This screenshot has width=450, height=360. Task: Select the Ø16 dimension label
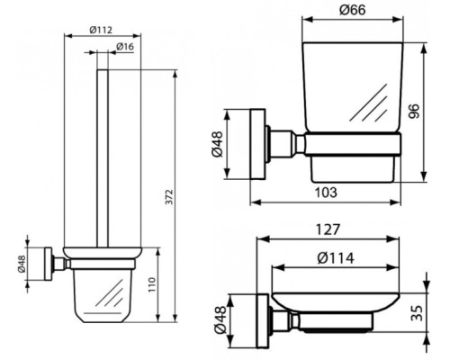click(125, 46)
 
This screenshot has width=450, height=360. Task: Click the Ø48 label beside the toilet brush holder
click(20, 264)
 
